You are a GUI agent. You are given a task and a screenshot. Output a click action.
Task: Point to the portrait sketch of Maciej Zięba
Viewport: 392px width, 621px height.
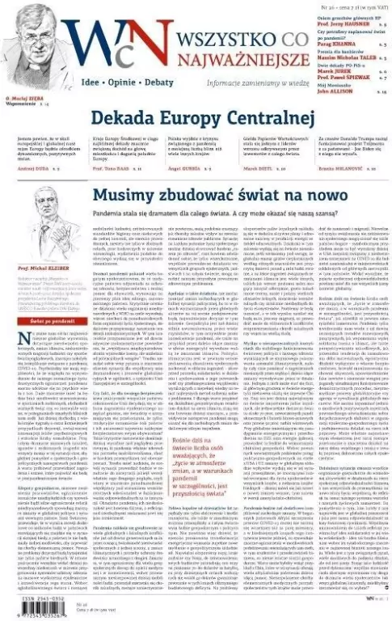27,32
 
